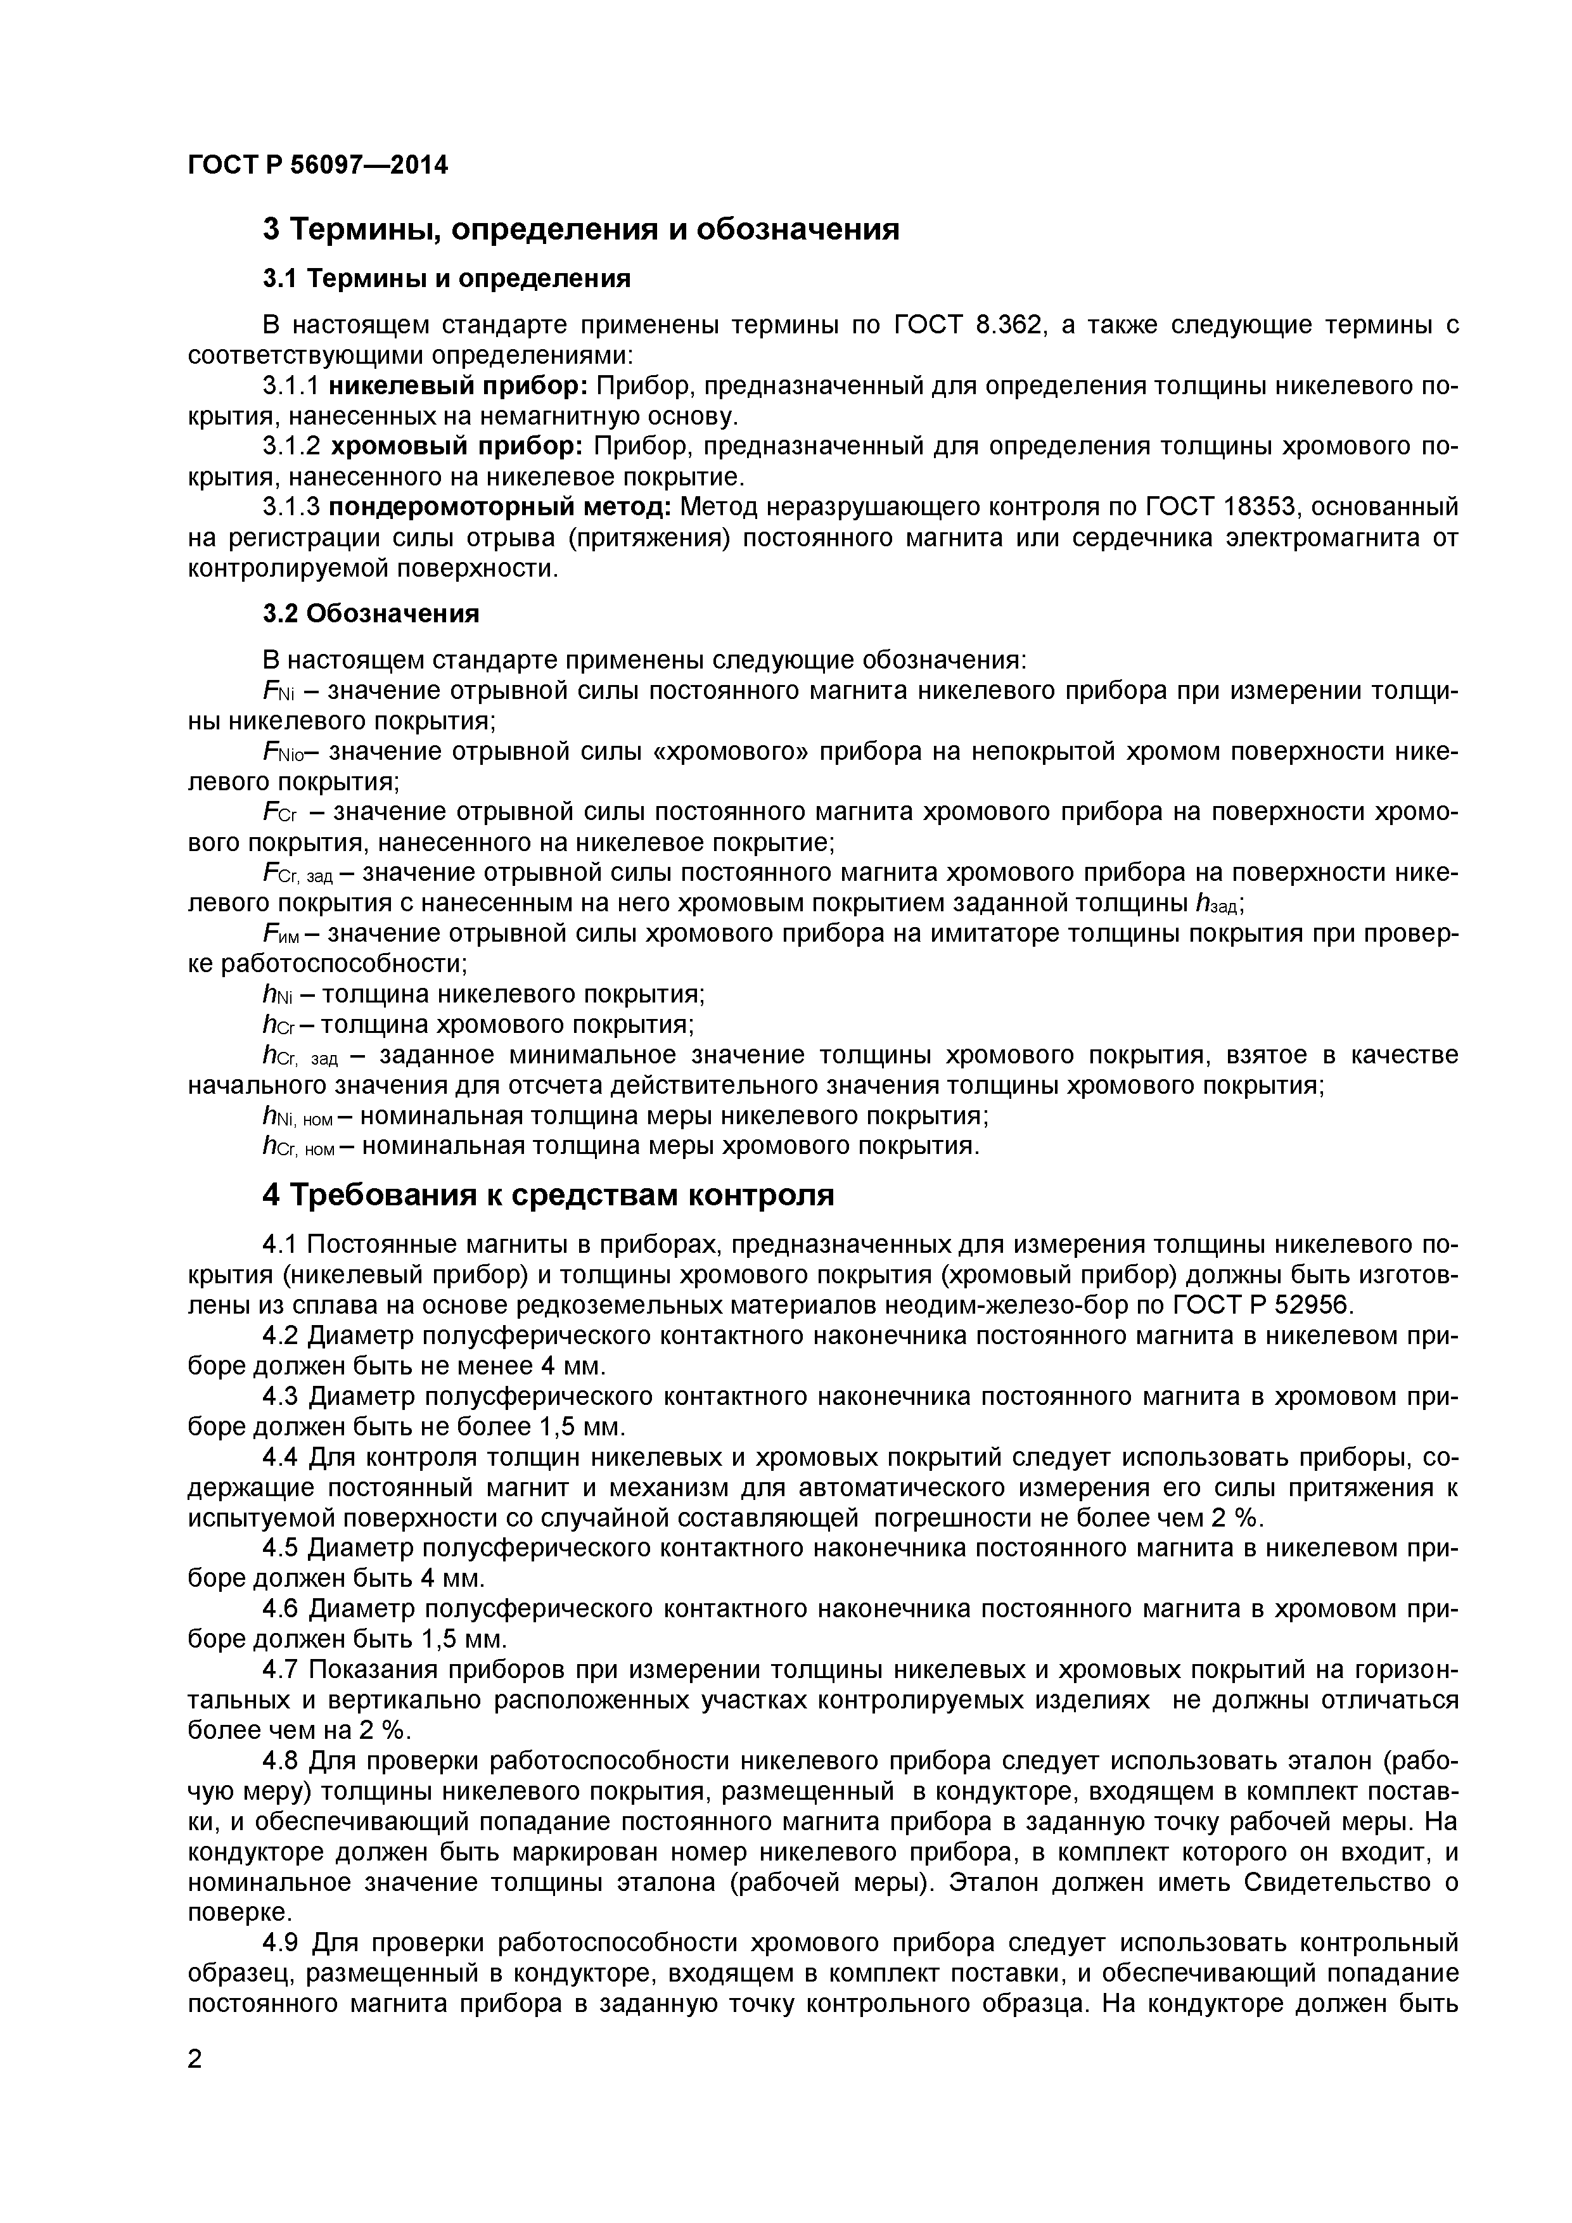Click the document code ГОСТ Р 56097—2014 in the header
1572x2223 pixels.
coord(317,165)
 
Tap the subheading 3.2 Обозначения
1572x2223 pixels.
coord(371,614)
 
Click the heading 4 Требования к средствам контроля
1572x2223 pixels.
coord(548,1195)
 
